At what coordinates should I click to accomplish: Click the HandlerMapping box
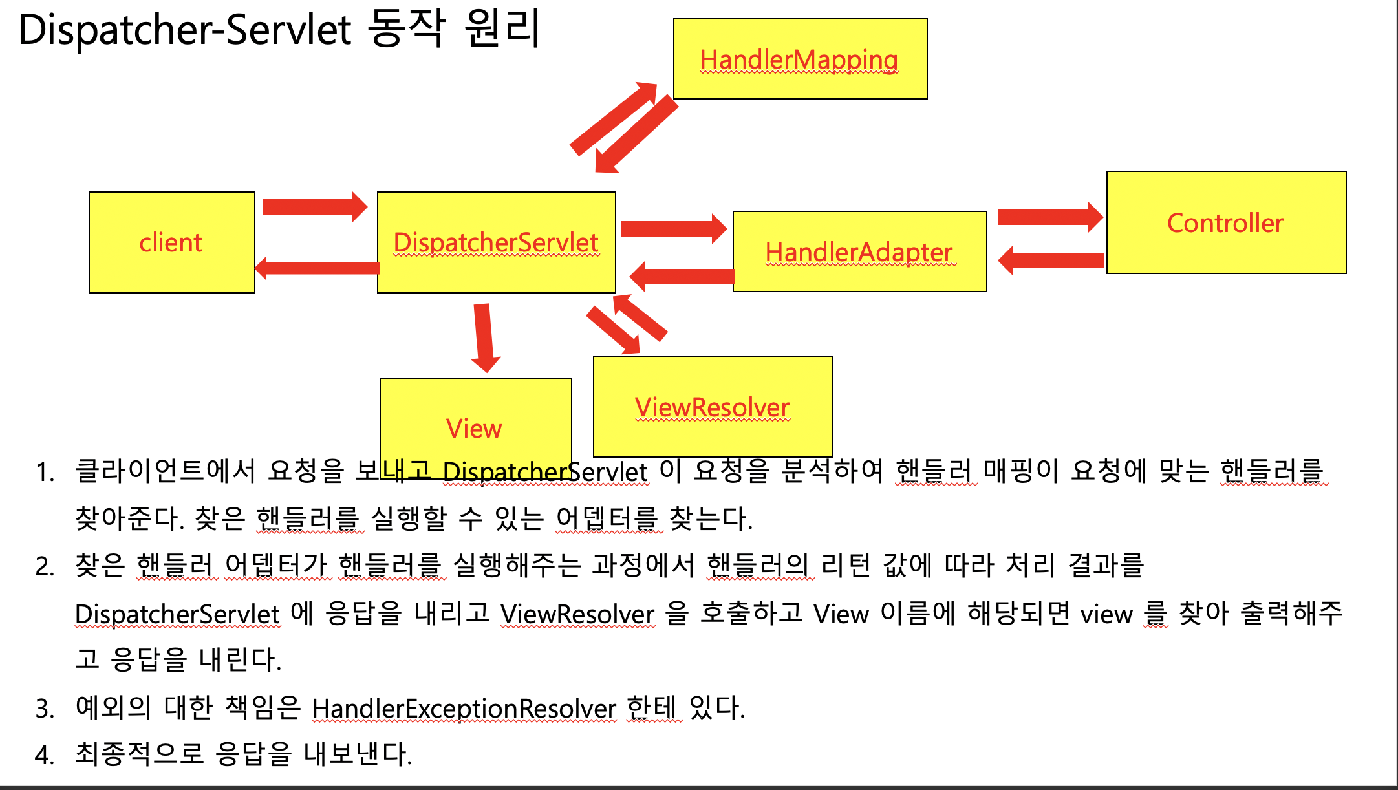point(800,59)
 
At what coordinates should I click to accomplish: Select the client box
point(171,242)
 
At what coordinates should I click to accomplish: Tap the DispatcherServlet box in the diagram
point(496,242)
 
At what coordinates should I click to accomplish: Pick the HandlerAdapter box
point(859,251)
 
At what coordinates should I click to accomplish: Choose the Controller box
point(1226,222)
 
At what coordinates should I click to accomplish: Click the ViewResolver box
point(713,407)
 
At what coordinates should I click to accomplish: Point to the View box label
point(474,428)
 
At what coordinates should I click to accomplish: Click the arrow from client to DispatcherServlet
point(314,207)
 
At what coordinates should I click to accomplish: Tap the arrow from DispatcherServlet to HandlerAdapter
point(673,228)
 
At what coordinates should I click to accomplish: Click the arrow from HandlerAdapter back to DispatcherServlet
point(682,276)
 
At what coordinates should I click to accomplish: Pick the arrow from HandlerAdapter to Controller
point(1049,217)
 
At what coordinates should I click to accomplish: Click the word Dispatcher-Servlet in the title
point(185,30)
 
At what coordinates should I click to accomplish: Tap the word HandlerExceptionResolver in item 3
point(464,709)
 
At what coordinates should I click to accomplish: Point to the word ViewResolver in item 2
point(577,614)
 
